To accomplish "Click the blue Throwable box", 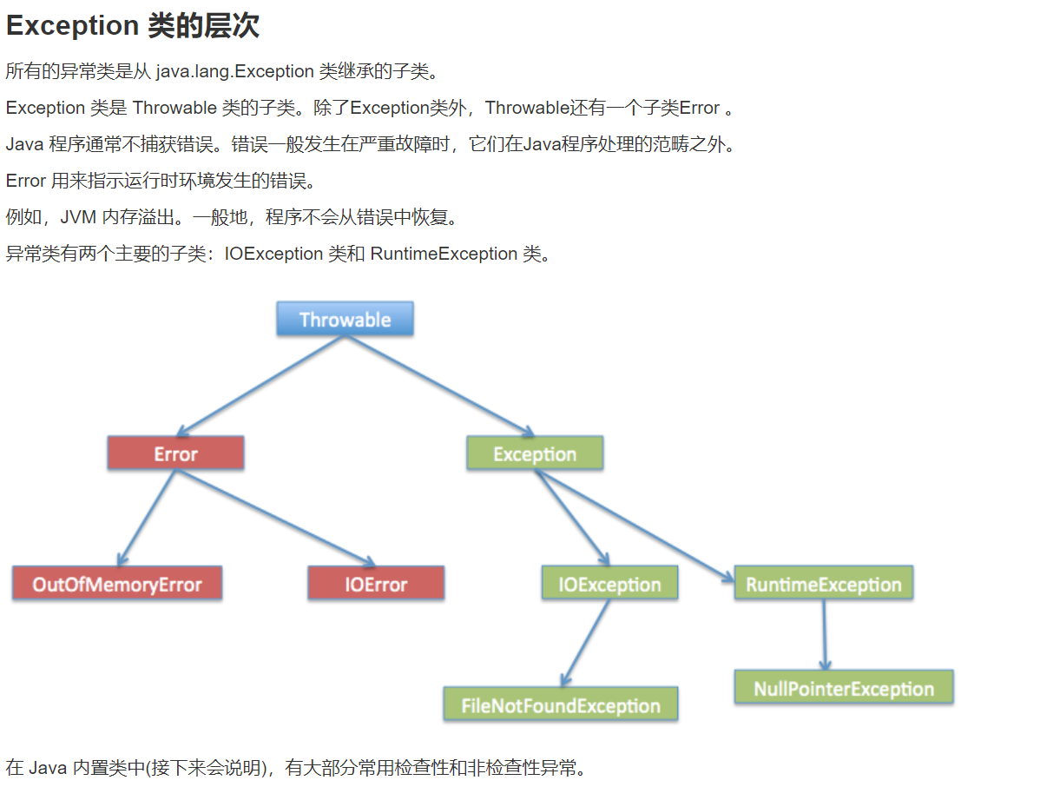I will [345, 319].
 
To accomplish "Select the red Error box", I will [175, 453].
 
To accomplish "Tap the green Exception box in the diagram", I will [534, 453].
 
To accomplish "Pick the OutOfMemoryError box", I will [117, 583].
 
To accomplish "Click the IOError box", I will [376, 583].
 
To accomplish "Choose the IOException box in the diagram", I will [609, 583].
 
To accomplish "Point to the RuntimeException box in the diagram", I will [823, 583].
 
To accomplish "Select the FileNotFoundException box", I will [560, 704].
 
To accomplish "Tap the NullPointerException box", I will [843, 687].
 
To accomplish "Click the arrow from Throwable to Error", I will [260, 386].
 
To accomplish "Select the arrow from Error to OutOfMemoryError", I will [147, 518].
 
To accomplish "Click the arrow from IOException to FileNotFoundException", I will [585, 643].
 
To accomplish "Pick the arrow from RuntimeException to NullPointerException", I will [825, 635].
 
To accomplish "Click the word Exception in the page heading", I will [72, 26].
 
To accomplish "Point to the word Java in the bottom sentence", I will [48, 768].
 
